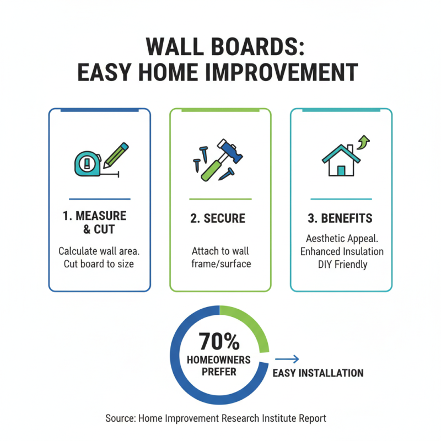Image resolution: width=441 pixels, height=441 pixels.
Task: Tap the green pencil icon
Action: (x=116, y=154)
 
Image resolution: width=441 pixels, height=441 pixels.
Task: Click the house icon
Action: (x=340, y=161)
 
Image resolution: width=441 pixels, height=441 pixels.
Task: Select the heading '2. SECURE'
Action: (x=218, y=219)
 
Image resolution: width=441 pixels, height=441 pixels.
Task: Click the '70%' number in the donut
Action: (x=219, y=342)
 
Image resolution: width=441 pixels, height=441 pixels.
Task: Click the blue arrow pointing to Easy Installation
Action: (x=287, y=359)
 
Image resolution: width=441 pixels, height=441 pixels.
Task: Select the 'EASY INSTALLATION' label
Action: (x=318, y=373)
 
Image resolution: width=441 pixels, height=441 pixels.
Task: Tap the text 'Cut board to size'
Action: (x=99, y=264)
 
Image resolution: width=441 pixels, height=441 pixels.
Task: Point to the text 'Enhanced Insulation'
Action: (x=342, y=251)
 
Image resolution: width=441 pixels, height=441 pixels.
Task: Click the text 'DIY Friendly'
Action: (x=342, y=265)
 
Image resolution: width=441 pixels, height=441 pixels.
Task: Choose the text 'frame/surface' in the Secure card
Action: (x=220, y=264)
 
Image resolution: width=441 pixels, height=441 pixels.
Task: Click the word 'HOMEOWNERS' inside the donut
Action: (x=218, y=360)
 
